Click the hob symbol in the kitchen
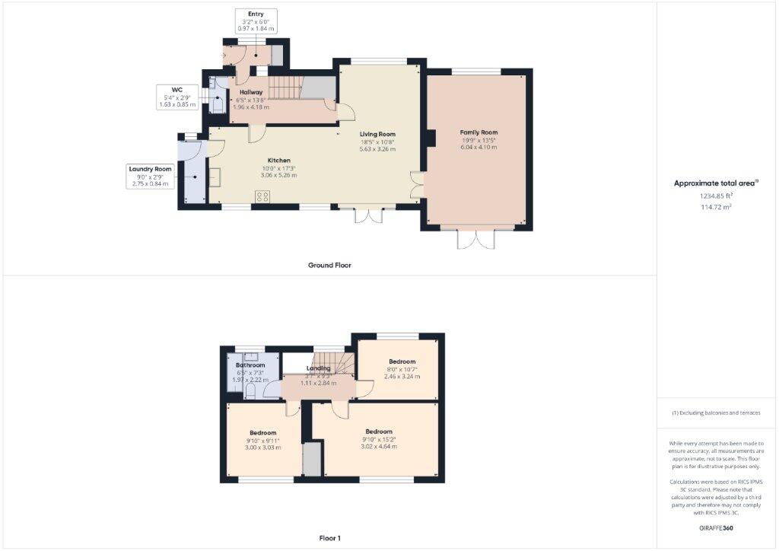tap(263, 196)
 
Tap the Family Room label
tap(479, 132)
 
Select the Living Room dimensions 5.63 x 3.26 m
tap(377, 149)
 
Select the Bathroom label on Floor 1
tap(250, 365)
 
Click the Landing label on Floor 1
tap(319, 368)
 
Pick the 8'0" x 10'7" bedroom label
tap(402, 361)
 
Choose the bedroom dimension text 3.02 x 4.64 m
tap(378, 446)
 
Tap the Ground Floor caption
tap(329, 266)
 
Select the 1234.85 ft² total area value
tap(716, 196)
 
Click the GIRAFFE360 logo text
tap(716, 527)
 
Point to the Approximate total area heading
tap(716, 183)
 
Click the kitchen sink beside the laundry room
tap(215, 177)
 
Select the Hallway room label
tap(251, 92)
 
